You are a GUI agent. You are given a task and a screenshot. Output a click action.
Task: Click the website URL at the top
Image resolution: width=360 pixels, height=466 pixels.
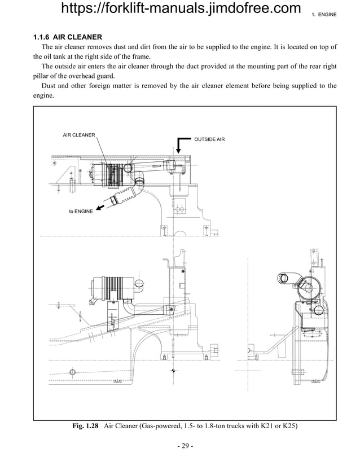(180, 10)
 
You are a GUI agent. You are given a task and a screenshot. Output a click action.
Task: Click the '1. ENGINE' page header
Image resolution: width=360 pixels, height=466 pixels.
(324, 14)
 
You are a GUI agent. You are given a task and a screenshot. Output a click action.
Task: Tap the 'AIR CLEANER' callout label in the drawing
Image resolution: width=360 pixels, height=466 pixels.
(78, 135)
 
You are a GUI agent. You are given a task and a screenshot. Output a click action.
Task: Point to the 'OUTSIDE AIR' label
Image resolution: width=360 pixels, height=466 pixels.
(209, 139)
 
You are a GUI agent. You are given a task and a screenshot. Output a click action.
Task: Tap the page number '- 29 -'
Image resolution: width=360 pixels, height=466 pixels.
(184, 447)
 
